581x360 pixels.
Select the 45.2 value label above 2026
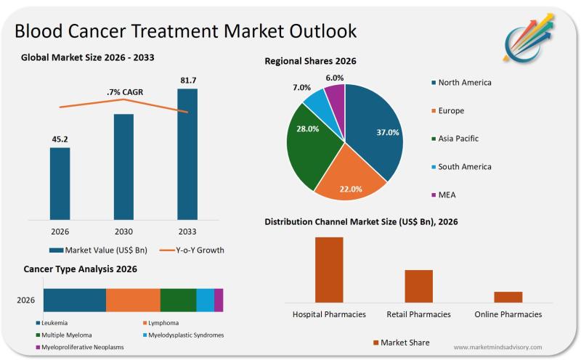click(60, 139)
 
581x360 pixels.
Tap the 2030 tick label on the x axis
click(123, 232)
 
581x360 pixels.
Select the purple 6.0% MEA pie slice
click(336, 96)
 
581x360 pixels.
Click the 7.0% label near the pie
click(301, 87)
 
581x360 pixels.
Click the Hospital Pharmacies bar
click(329, 269)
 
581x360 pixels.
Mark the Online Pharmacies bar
click(508, 296)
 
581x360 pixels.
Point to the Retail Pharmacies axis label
click(418, 314)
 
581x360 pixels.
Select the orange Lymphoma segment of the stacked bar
click(133, 300)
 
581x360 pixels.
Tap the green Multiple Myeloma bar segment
click(178, 300)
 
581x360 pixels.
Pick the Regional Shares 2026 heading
click(310, 62)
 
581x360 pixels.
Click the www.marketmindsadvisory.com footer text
click(497, 348)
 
